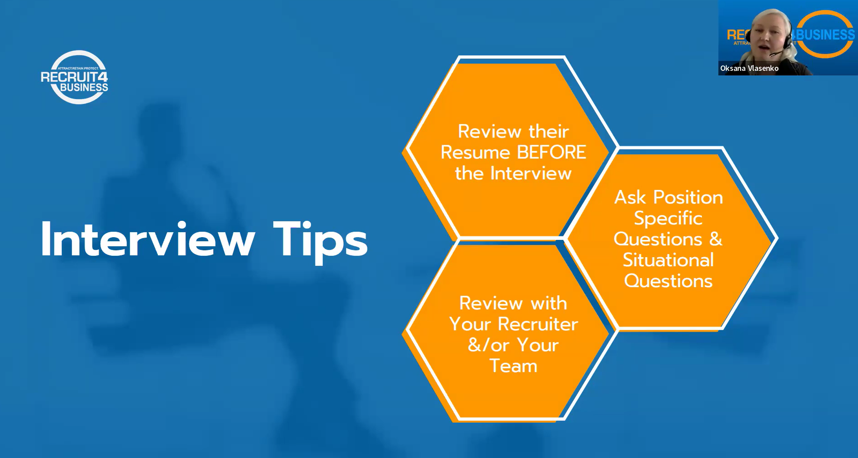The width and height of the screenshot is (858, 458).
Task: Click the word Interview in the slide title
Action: [148, 239]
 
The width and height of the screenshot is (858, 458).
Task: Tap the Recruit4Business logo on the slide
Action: [75, 77]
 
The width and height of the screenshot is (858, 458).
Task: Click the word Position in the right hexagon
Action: [688, 197]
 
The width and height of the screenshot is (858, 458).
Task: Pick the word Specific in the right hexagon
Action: [668, 219]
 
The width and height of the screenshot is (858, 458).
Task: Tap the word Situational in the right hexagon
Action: [668, 260]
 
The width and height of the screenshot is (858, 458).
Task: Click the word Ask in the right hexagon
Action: [630, 197]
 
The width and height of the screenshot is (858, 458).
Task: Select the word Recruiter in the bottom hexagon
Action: [538, 324]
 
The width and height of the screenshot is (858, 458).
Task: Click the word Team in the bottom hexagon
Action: [513, 366]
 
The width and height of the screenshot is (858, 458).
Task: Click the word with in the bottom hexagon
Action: [549, 303]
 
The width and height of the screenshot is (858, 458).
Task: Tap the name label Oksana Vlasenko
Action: [749, 68]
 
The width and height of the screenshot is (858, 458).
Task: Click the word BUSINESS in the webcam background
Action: [824, 35]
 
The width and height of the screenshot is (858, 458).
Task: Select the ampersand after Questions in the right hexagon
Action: [716, 239]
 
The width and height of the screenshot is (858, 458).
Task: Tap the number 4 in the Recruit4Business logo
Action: [103, 77]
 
